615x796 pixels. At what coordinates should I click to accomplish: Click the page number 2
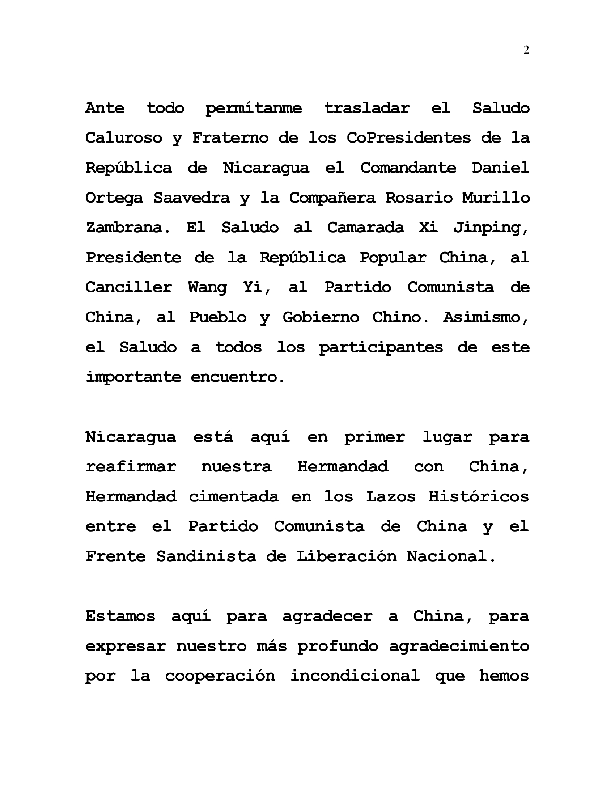526,50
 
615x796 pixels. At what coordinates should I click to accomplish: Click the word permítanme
254,109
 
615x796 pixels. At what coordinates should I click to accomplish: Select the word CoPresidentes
408,138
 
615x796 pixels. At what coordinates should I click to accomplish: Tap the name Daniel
501,168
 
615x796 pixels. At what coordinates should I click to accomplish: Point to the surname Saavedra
192,198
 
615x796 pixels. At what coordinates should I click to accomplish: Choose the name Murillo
496,198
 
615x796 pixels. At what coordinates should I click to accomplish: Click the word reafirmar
131,467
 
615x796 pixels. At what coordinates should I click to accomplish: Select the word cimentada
234,497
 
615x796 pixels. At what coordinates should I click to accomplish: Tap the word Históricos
479,497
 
